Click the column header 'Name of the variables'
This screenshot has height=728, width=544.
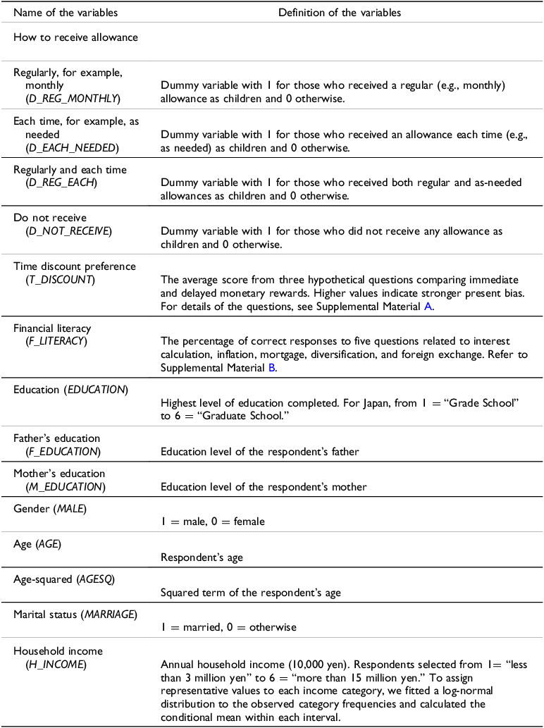66,13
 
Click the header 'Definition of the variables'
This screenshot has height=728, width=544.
339,13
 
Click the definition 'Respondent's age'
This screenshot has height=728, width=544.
202,557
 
